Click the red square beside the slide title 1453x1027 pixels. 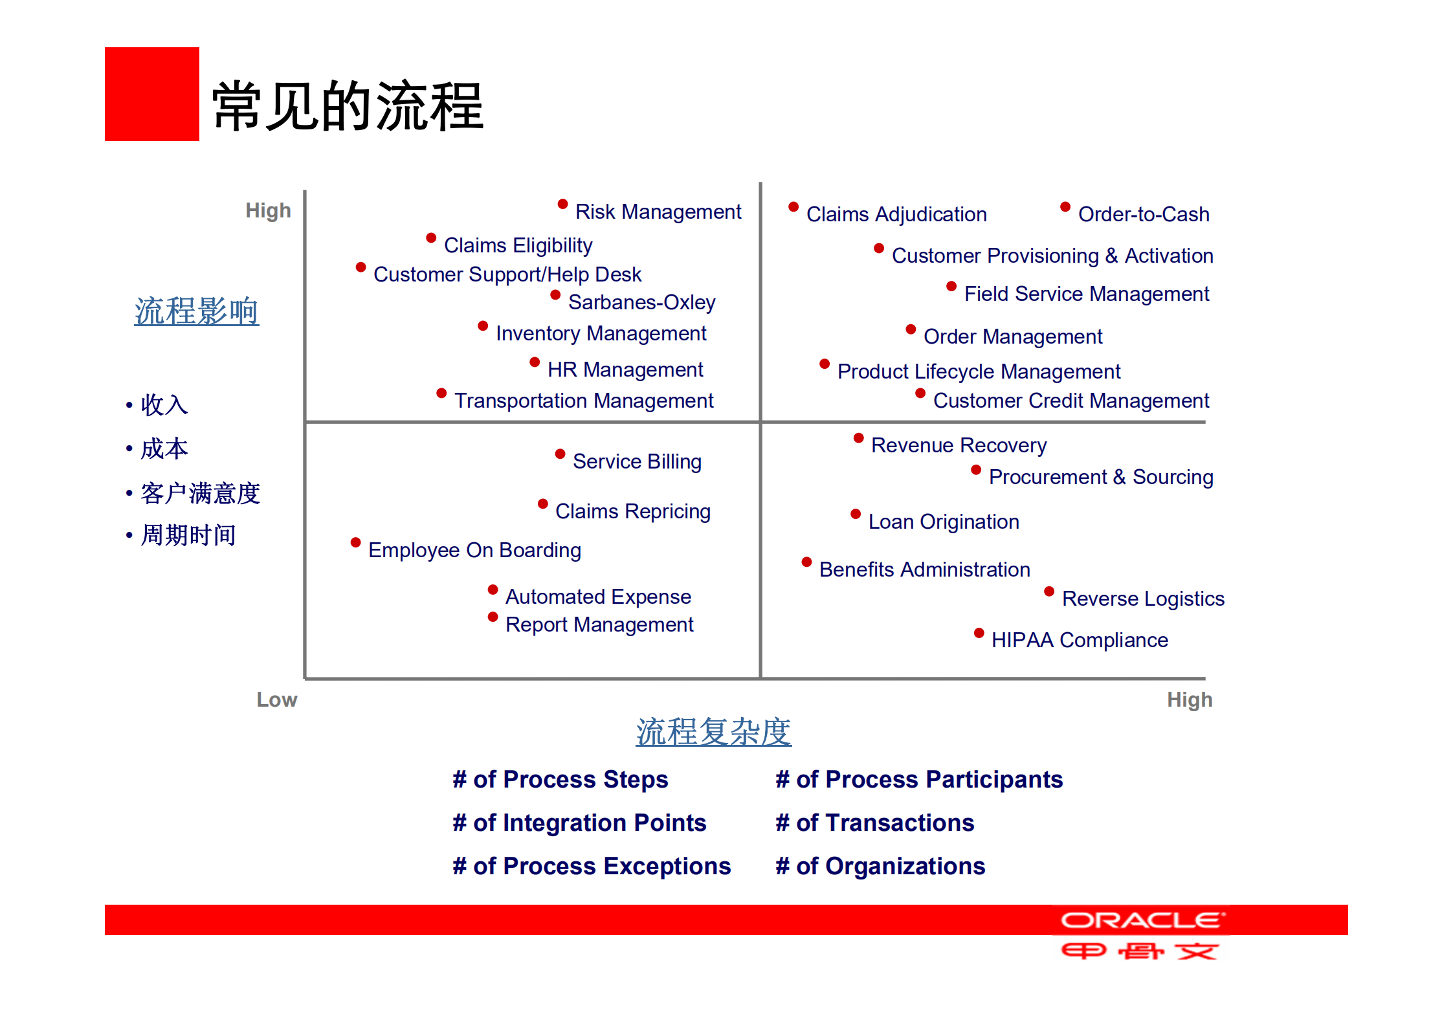tap(151, 94)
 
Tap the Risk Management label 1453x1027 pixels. tap(658, 212)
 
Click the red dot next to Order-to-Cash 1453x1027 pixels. tap(1065, 207)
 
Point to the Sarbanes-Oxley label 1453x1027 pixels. tap(641, 302)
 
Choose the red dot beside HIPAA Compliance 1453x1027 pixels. tap(979, 633)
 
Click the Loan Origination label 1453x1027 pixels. tap(943, 522)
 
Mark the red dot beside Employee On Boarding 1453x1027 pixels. tap(355, 542)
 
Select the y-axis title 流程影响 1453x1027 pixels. tap(196, 311)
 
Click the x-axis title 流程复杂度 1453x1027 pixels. tap(713, 732)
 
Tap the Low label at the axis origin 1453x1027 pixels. tap(276, 700)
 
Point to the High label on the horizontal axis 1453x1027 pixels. tap(1189, 700)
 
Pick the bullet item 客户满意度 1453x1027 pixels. tap(200, 493)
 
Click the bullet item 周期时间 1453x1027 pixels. tap(188, 535)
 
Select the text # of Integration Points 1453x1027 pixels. tap(579, 823)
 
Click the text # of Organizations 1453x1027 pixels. tap(880, 866)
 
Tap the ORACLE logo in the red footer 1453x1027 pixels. tap(1142, 920)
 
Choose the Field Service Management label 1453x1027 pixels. tap(1086, 294)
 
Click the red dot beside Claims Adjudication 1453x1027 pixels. tap(793, 207)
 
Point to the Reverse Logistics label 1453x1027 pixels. tap(1143, 599)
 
